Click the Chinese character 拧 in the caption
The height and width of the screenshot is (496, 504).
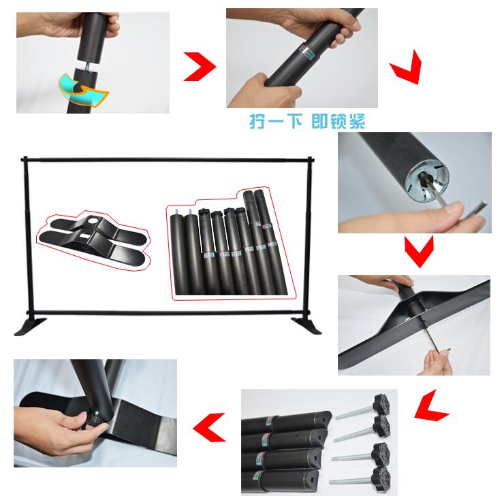pyautogui.click(x=257, y=121)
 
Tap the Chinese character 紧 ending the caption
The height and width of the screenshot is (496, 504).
pyautogui.click(x=358, y=121)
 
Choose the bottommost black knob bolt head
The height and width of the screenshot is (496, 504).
pyautogui.click(x=381, y=477)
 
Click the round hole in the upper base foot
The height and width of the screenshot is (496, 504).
pyautogui.click(x=93, y=220)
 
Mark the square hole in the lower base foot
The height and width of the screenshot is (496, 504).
pyautogui.click(x=84, y=237)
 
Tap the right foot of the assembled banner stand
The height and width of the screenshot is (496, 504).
pyautogui.click(x=306, y=325)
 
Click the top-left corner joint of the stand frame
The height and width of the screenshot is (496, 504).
pyautogui.click(x=24, y=160)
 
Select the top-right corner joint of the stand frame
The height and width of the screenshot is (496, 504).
pyautogui.click(x=310, y=160)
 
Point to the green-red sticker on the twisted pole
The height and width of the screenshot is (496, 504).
pyautogui.click(x=306, y=50)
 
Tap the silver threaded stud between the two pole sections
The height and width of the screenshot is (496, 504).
pyautogui.click(x=87, y=67)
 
